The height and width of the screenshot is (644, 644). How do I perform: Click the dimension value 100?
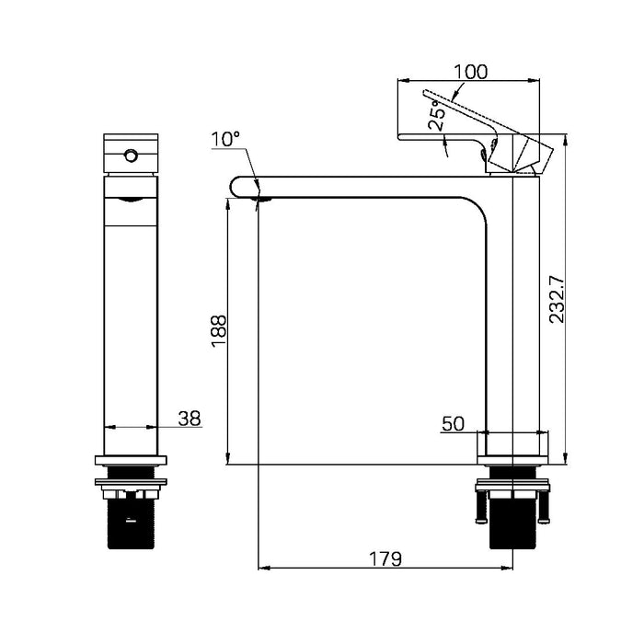tap(470, 71)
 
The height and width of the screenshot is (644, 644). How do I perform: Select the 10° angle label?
tap(224, 139)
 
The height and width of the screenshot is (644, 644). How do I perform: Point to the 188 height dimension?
tap(219, 331)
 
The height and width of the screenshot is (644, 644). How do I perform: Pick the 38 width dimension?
tap(189, 419)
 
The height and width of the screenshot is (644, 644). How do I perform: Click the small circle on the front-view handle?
tap(130, 154)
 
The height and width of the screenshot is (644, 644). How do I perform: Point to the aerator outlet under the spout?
tap(261, 197)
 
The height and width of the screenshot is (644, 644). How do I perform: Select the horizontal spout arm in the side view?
tap(368, 187)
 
